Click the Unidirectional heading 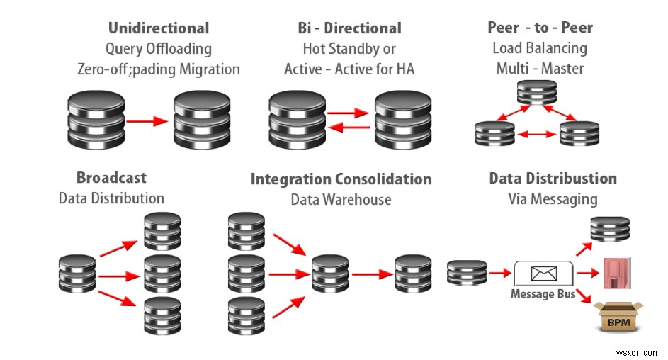click(158, 28)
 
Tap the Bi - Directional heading click(349, 28)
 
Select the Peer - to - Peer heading click(540, 28)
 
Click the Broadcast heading click(111, 177)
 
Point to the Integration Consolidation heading click(341, 179)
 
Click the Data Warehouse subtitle click(341, 199)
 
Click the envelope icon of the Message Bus click(543, 272)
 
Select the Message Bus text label click(543, 294)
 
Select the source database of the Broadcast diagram click(77, 273)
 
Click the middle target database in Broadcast click(162, 272)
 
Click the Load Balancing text click(540, 48)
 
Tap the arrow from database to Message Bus click(501, 273)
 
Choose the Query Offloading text click(158, 49)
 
